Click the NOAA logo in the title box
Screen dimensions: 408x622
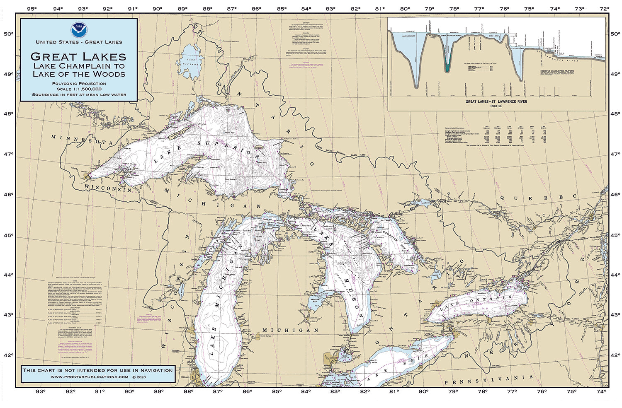tap(78, 30)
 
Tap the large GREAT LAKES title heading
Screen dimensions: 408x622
tap(78, 56)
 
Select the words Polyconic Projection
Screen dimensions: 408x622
tap(79, 84)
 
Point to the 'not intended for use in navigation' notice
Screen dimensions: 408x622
tap(98, 370)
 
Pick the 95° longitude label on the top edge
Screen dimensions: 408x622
tap(31, 8)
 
